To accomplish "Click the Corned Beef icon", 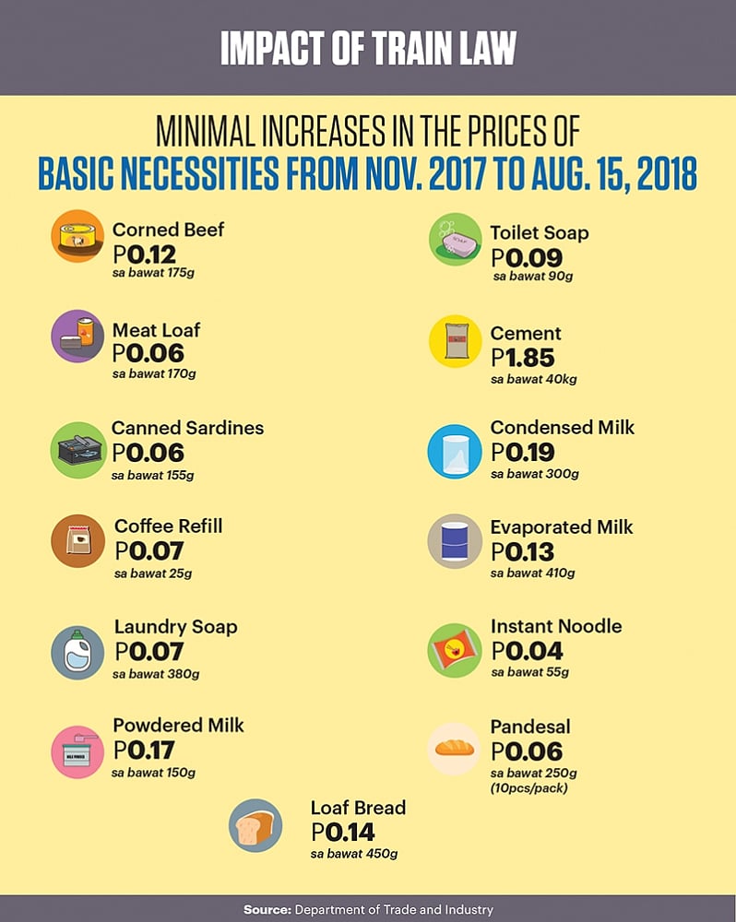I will point(77,237).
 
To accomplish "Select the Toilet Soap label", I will point(539,232).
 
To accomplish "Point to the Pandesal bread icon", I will point(455,748).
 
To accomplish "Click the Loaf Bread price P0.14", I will point(343,832).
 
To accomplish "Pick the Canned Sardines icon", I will point(77,449).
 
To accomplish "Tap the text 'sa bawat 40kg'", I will point(534,379).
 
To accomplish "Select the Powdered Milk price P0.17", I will point(143,750).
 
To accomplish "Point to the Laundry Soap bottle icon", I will point(77,653).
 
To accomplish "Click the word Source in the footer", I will point(267,910).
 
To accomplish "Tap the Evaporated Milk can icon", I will point(455,541).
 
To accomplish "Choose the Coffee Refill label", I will point(168,526).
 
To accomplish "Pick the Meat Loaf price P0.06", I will point(148,353).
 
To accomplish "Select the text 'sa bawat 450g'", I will point(354,854).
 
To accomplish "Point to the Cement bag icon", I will point(455,341).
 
